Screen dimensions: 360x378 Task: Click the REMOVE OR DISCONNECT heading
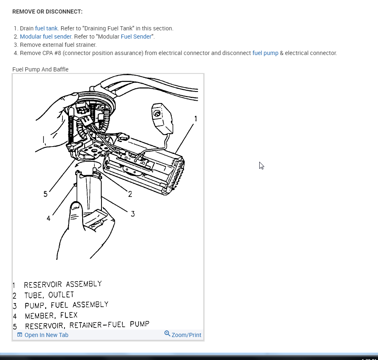[47, 11]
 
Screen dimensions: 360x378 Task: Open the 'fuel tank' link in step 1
[46, 28]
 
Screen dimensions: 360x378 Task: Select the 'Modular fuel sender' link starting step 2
[46, 37]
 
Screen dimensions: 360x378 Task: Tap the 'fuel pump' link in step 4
[265, 53]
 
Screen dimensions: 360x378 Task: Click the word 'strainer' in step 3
[85, 45]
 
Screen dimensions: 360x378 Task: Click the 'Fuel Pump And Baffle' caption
[40, 69]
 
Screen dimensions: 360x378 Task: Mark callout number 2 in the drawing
[130, 194]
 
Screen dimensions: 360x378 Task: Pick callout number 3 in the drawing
[133, 213]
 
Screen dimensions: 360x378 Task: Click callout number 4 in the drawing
[48, 218]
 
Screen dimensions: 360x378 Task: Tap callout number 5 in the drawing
[45, 194]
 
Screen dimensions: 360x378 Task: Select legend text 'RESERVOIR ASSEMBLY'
[62, 284]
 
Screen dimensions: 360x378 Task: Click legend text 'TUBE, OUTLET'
[49, 295]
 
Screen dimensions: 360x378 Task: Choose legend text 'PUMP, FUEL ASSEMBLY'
[67, 305]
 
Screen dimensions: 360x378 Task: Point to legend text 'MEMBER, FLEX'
[51, 316]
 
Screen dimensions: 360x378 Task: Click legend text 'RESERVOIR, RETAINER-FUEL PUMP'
[87, 326]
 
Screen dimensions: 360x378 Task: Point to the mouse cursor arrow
[261, 165]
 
